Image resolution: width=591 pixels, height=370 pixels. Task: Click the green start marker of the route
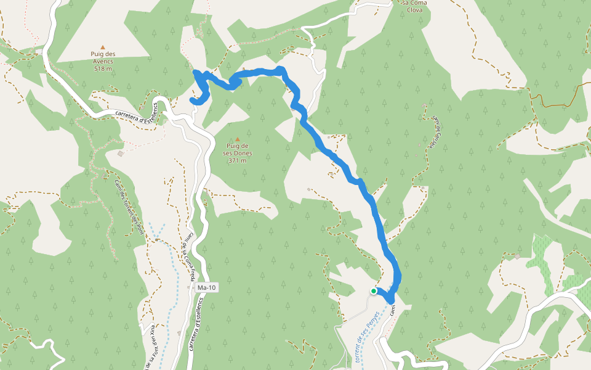click(x=374, y=291)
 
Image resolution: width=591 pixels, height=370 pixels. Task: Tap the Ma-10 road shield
click(x=206, y=288)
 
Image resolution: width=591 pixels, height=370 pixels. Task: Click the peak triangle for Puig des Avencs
click(x=103, y=47)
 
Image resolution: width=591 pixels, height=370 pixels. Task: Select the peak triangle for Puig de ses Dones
click(x=238, y=139)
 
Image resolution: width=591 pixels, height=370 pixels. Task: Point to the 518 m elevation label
click(x=103, y=68)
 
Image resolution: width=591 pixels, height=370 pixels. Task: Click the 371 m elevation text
click(x=238, y=160)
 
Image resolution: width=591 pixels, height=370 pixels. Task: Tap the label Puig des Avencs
click(x=103, y=57)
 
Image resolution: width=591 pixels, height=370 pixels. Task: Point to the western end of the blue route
click(x=191, y=99)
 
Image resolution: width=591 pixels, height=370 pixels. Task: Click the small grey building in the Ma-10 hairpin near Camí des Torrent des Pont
click(x=120, y=154)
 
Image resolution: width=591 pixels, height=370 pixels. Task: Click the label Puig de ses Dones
click(x=238, y=150)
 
